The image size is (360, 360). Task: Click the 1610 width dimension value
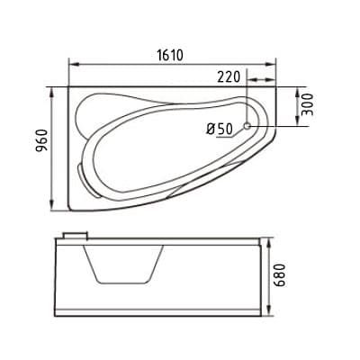170,55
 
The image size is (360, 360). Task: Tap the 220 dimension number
229,77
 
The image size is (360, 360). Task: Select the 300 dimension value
307,104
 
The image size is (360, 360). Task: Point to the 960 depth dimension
41,140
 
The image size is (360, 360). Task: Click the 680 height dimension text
279,275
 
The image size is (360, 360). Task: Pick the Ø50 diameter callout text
220,130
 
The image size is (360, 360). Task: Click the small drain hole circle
247,126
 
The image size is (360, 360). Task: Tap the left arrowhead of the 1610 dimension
74,64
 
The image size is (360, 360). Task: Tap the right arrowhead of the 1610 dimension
270,64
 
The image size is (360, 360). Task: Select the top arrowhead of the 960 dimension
53,93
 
